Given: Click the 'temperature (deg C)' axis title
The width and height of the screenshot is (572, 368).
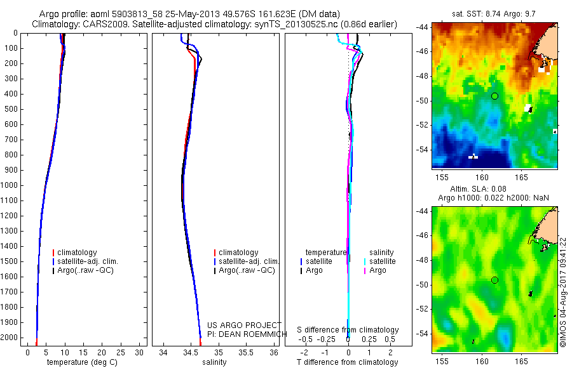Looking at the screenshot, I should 81,362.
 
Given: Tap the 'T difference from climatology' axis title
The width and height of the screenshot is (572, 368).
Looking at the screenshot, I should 348,362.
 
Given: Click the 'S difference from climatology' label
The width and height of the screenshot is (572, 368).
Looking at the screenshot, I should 348,330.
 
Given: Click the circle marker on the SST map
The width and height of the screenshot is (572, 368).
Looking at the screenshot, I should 494,96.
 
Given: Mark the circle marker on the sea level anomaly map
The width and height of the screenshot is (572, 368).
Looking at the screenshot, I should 494,280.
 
